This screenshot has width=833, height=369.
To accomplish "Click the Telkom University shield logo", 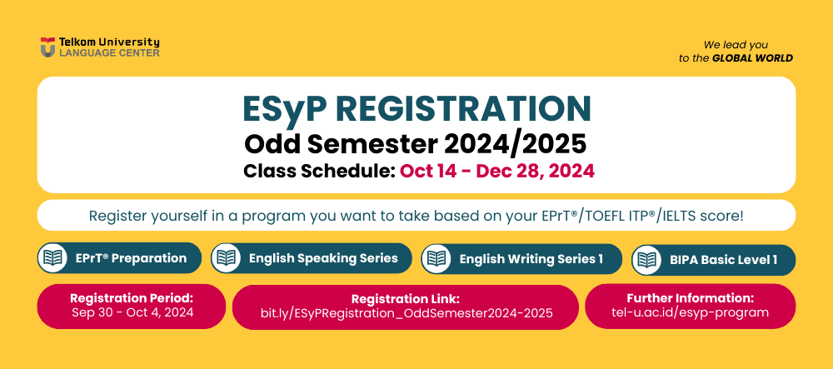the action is click(47, 47).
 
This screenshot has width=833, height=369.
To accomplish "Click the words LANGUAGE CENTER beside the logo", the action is click(109, 52).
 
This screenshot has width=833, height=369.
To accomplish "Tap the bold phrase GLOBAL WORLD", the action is click(752, 57).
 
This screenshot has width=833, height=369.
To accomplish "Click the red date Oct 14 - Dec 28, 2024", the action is click(497, 171).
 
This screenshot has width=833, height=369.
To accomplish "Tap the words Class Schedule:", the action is click(319, 171).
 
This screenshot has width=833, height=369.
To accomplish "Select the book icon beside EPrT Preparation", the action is click(52, 258).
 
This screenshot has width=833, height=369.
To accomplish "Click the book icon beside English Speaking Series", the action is click(226, 258).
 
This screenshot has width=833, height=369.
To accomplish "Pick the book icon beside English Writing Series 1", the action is click(436, 258).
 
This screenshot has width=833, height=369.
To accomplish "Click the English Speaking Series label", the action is click(323, 258).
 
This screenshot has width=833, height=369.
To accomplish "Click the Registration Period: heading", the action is click(132, 297).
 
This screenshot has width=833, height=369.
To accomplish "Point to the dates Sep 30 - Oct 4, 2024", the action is click(132, 312).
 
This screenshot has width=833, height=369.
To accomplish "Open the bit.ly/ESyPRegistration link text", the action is click(407, 312).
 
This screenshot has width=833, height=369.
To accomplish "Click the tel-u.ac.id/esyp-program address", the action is click(690, 312).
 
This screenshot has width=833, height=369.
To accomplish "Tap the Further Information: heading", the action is click(690, 297).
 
